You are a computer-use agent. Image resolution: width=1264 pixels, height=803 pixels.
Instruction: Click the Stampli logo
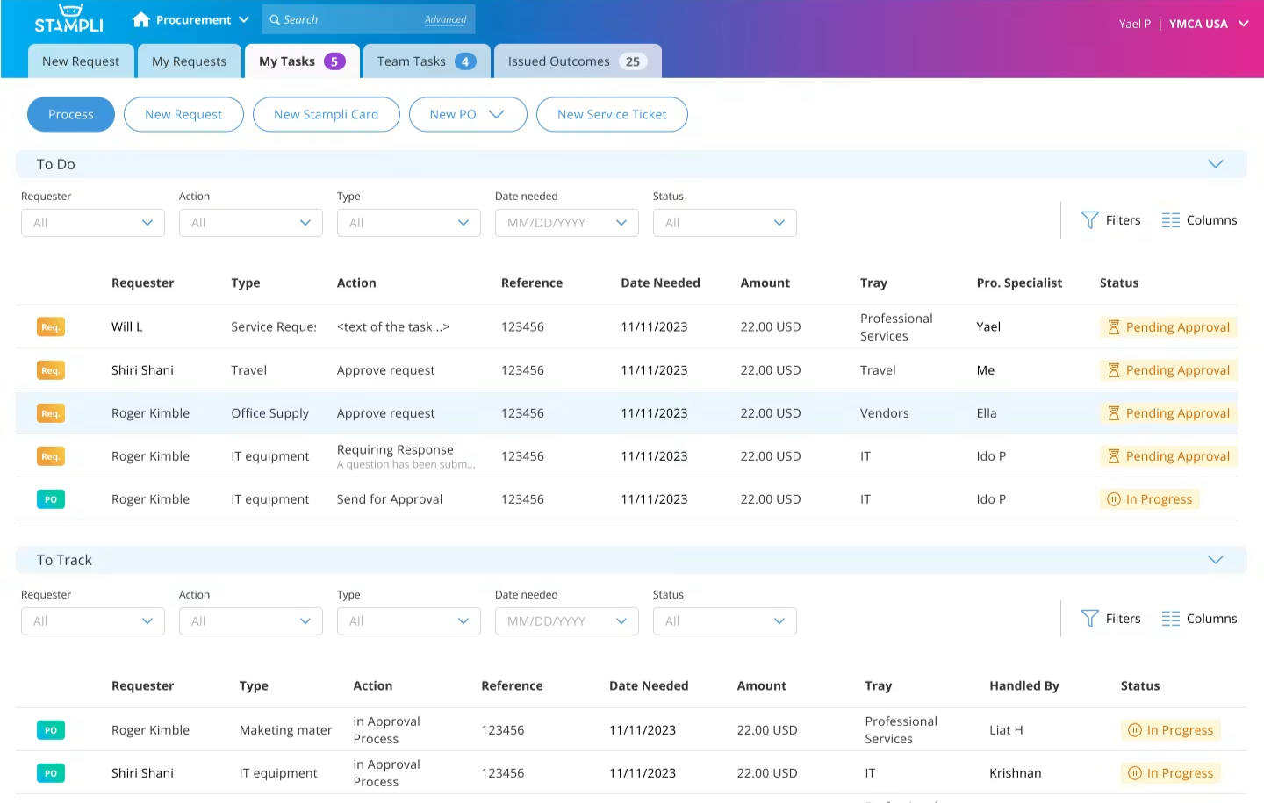click(68, 18)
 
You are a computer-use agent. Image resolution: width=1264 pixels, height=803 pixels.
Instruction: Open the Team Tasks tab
click(426, 61)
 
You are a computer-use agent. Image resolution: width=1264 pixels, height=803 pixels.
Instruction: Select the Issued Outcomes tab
click(578, 61)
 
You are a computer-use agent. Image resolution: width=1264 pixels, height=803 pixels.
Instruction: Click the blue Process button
click(70, 115)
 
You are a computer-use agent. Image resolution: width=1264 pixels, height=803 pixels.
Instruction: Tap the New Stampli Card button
click(327, 115)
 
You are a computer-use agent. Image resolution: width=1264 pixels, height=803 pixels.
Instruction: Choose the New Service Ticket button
click(612, 115)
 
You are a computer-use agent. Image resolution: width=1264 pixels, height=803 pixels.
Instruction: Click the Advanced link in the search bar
click(445, 20)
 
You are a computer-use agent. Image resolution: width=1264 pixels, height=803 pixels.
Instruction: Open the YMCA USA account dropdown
click(1208, 24)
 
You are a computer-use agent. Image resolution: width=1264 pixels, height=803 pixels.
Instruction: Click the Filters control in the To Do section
click(1110, 220)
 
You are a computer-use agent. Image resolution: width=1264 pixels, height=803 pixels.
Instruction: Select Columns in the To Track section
click(1199, 619)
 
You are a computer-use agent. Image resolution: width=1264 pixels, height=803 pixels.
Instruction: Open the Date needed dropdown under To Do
click(566, 223)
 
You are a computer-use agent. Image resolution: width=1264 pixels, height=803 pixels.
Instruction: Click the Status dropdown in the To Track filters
click(724, 621)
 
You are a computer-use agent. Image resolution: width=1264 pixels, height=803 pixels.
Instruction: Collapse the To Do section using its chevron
click(1216, 164)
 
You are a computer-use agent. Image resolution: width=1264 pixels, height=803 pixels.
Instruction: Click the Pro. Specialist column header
click(1019, 283)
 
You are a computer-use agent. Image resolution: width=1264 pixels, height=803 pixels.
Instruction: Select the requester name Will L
click(127, 326)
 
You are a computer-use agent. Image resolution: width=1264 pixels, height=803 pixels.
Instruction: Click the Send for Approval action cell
click(390, 499)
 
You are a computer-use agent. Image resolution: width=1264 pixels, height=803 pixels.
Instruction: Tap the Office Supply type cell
click(269, 413)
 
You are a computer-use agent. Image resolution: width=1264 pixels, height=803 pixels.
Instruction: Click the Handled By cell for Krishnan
click(1015, 773)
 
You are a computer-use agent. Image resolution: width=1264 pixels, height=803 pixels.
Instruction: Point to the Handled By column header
click(1024, 685)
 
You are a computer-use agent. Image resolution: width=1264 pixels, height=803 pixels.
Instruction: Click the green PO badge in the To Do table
click(51, 499)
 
